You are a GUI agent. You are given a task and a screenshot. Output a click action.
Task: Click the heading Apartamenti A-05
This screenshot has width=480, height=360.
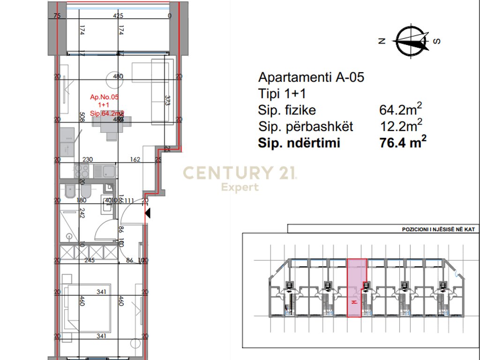click(311, 77)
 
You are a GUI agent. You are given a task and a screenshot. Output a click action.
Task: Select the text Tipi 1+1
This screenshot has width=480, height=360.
click(282, 93)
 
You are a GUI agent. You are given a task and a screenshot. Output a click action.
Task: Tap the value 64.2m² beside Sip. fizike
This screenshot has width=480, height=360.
click(400, 110)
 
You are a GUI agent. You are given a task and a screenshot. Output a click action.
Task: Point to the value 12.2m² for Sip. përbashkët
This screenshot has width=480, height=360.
click(400, 126)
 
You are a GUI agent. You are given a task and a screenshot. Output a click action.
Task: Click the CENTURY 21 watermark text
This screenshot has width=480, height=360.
click(239, 173)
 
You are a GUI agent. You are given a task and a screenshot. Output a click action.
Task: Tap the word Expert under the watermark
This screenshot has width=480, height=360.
click(240, 187)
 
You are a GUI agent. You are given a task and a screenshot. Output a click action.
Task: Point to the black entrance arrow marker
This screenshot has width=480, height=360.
click(148, 214)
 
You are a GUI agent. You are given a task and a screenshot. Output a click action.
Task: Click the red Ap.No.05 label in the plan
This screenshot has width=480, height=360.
click(105, 97)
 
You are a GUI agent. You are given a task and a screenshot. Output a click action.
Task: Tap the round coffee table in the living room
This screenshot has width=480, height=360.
click(114, 79)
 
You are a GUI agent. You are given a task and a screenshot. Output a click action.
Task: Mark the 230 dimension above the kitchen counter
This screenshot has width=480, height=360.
click(88, 159)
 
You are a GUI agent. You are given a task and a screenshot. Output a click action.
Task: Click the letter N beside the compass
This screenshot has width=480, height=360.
click(382, 41)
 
